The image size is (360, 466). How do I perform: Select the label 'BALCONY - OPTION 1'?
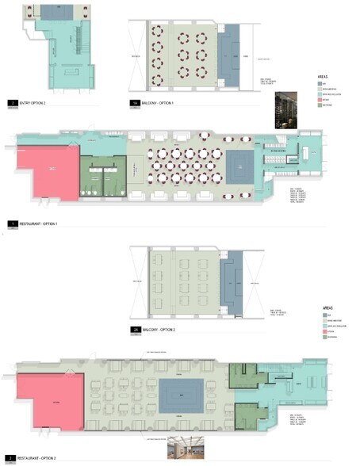point(159,103)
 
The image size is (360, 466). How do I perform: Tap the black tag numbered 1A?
point(133,103)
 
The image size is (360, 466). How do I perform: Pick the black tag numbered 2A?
point(133,328)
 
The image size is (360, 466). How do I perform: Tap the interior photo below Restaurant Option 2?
point(183,449)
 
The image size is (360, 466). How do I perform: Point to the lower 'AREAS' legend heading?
point(326,305)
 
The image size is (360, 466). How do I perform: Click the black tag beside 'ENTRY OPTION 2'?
point(11,103)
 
